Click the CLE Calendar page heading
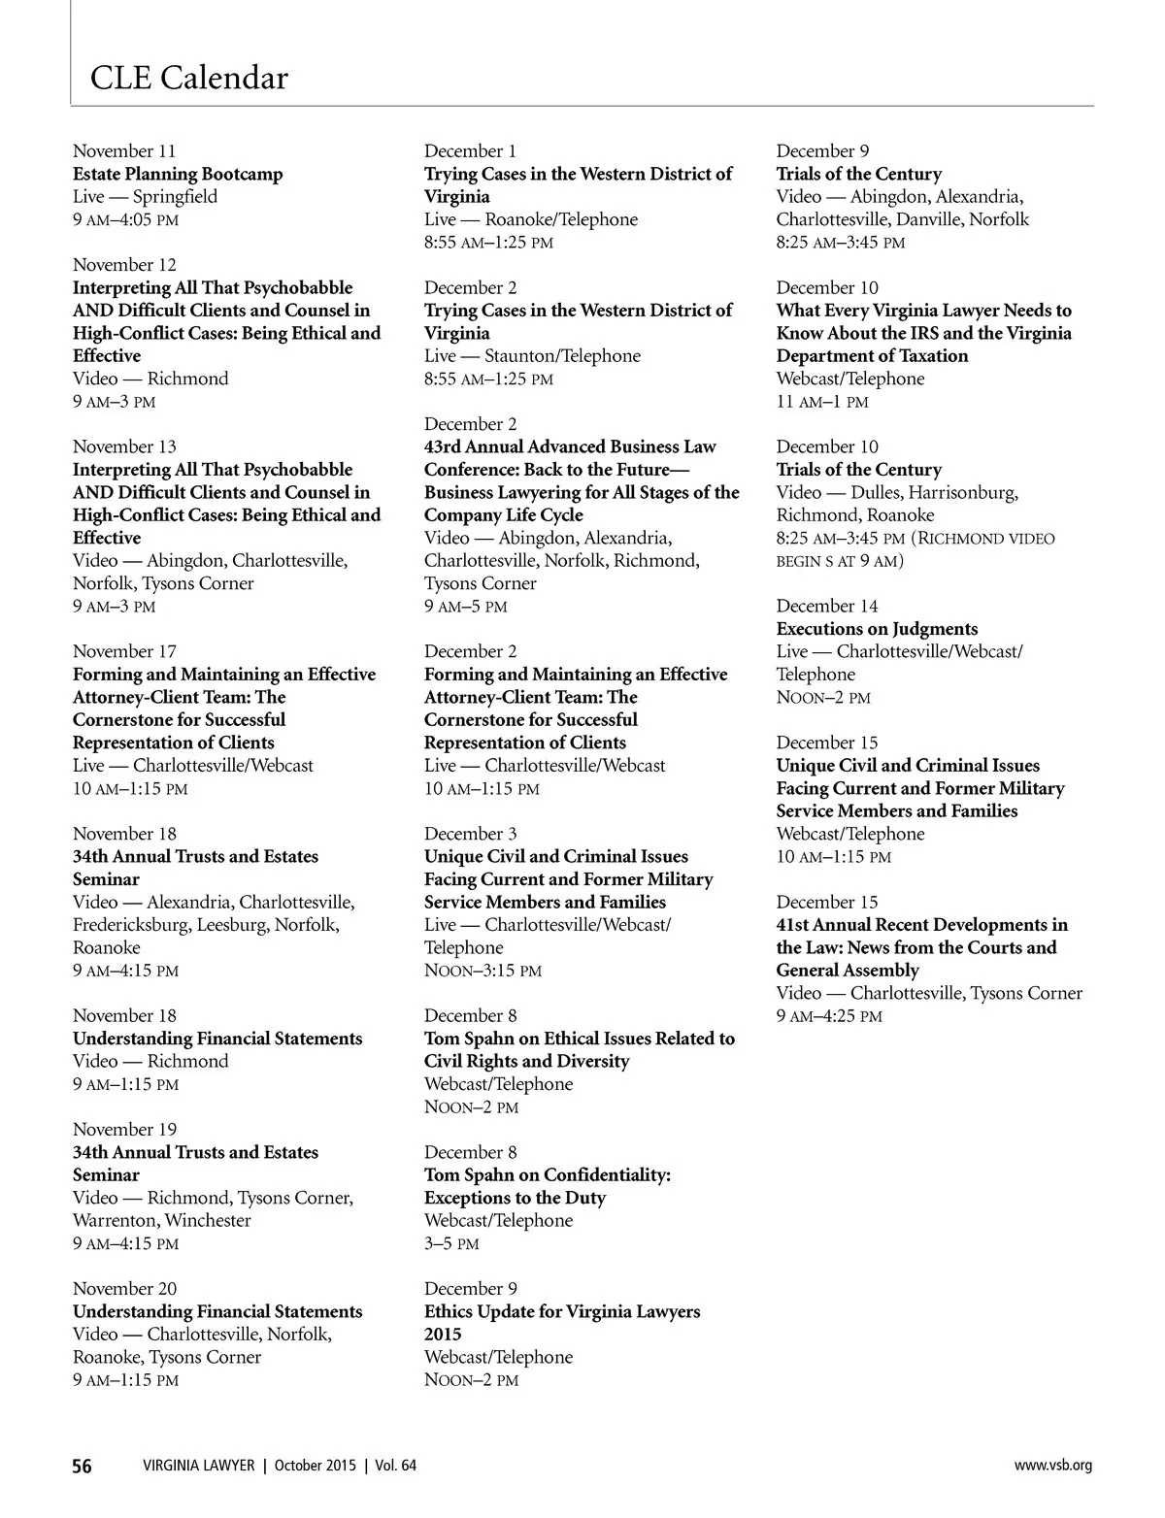click(189, 78)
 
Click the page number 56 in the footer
click(83, 1466)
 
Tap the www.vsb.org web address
click(1052, 1466)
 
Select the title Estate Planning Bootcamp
click(178, 174)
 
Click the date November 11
click(124, 150)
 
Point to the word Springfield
click(175, 196)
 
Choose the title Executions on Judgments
click(877, 629)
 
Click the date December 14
click(827, 606)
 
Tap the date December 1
click(470, 150)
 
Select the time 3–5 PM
click(451, 1243)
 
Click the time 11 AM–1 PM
click(822, 402)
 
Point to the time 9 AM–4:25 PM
click(829, 1016)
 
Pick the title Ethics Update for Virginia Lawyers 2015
click(561, 1322)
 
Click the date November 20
click(124, 1289)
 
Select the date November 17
click(124, 651)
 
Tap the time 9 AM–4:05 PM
click(125, 219)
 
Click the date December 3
click(470, 834)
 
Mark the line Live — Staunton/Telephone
click(532, 355)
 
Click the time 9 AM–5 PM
click(465, 607)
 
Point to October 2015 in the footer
click(315, 1466)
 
